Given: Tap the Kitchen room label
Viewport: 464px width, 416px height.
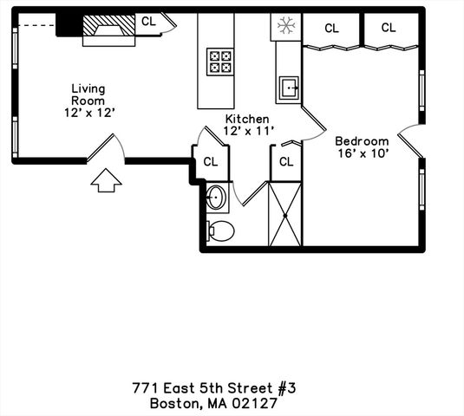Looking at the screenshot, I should point(247,119).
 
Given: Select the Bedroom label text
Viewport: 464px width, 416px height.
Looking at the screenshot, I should point(362,141).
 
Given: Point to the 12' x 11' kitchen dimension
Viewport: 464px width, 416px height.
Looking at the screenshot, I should point(248,131).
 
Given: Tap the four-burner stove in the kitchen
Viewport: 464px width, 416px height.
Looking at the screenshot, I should point(219,61).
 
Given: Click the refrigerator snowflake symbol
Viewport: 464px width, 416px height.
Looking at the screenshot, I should point(284,27).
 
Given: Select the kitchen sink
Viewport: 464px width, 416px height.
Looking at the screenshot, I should point(289,86).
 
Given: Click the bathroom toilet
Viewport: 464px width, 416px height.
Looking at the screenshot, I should point(221,231).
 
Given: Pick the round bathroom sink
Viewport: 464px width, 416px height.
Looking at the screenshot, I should point(215,198).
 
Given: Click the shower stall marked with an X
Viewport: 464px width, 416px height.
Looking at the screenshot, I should point(285,214).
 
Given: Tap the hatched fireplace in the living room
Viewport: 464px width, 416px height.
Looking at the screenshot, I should point(109,28).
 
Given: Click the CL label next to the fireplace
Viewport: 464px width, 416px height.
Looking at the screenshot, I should point(149,21).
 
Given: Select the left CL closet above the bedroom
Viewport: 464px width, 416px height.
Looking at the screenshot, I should point(331,28).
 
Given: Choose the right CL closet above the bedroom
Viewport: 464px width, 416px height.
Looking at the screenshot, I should point(389,28).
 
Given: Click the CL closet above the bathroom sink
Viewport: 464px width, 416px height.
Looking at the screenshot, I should point(211,162).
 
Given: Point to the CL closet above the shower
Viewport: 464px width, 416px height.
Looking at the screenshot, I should point(286,162).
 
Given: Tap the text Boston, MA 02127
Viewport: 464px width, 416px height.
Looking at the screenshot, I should point(213,403).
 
